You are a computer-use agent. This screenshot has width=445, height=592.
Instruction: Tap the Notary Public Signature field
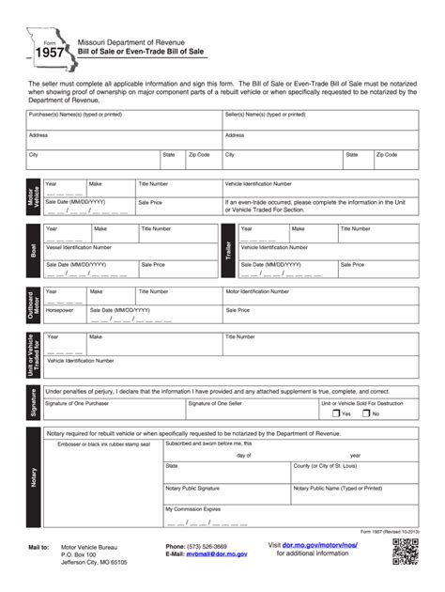225,493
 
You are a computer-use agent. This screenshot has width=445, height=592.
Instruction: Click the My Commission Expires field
225,518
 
